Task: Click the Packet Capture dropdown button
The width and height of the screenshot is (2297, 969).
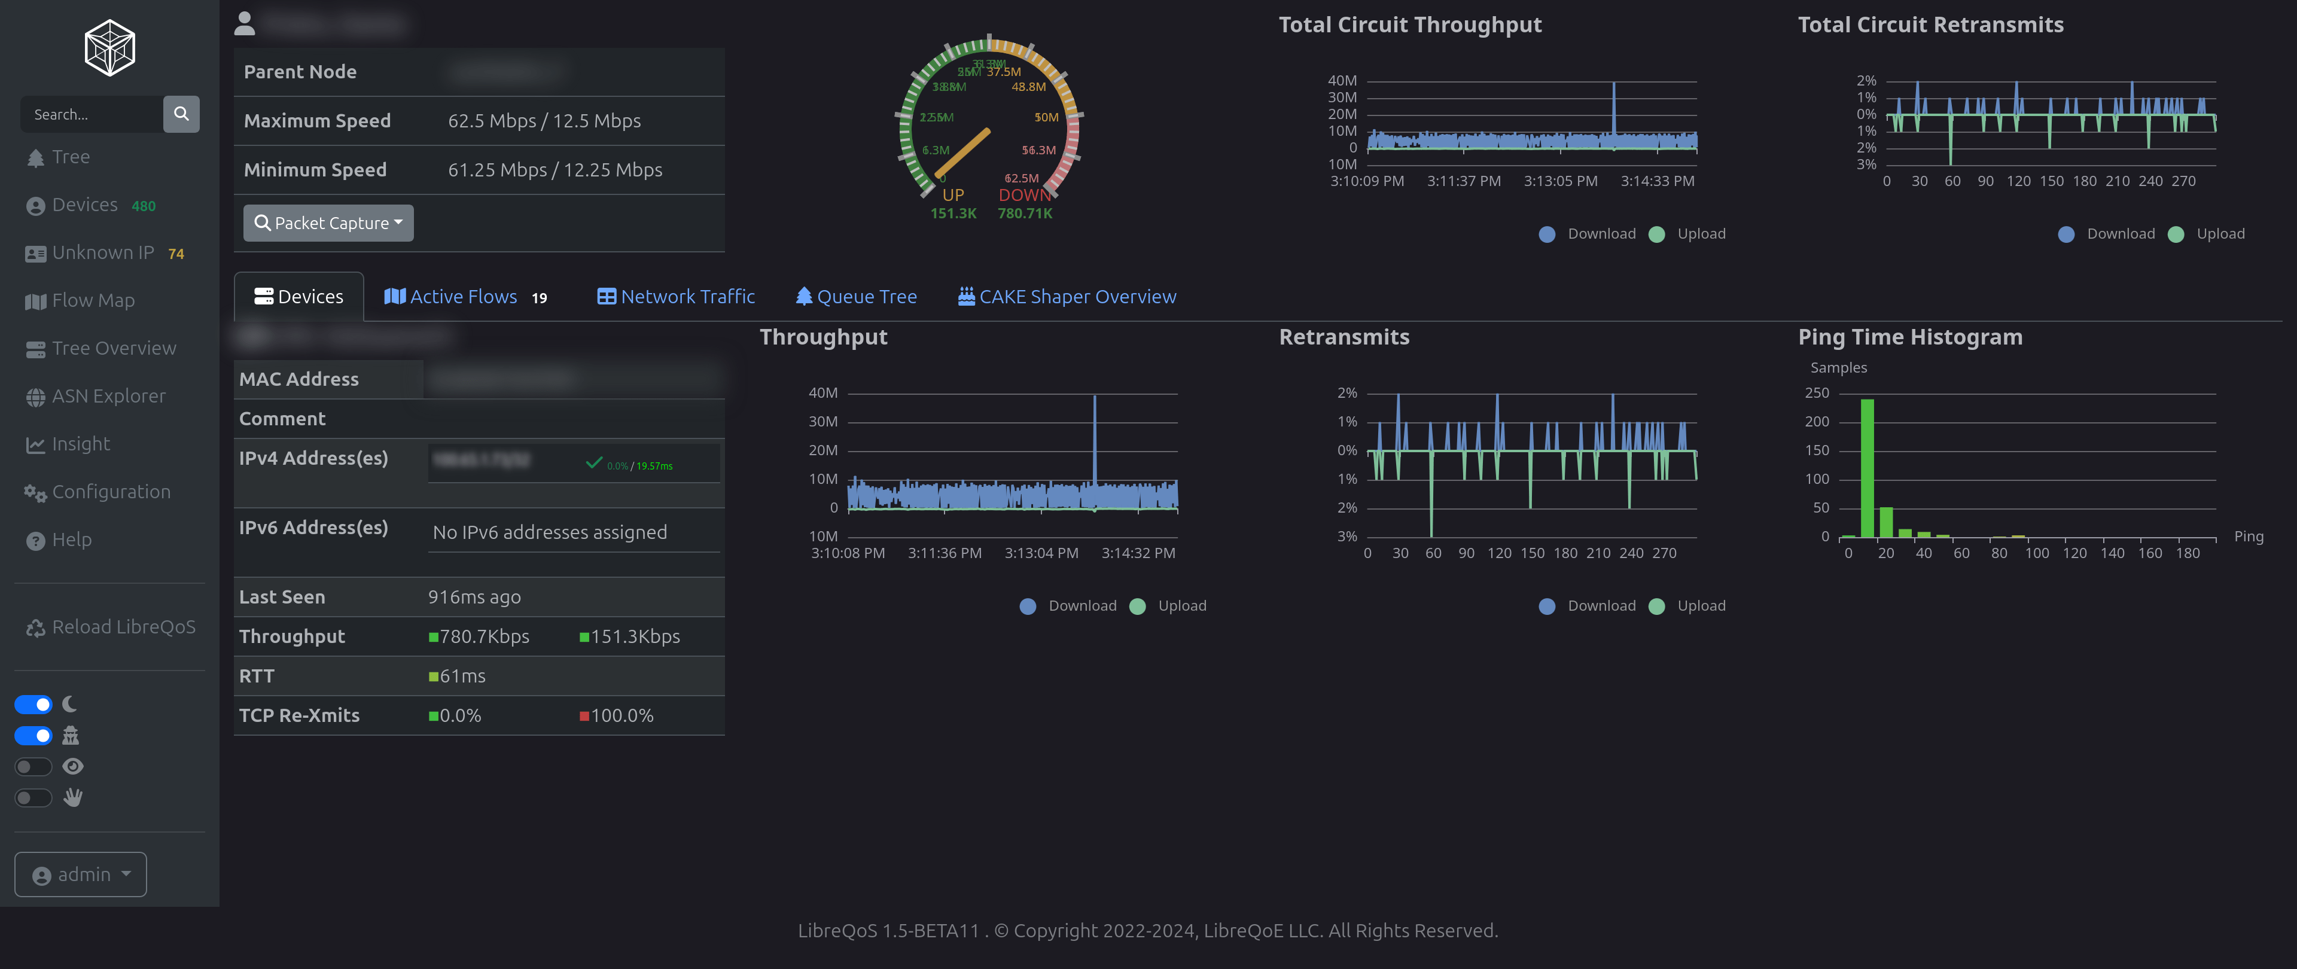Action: coord(328,223)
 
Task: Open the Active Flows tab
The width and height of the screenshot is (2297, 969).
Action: coord(463,297)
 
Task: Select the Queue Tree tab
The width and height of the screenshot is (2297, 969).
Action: coord(855,297)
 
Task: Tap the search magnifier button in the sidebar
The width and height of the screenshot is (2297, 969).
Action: coord(181,114)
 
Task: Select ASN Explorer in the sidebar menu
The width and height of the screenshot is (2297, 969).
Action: coord(108,397)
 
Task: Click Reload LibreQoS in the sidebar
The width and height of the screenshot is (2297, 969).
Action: coord(123,627)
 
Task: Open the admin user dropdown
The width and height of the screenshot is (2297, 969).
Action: coord(80,874)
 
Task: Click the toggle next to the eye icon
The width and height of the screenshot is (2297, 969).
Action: coord(34,767)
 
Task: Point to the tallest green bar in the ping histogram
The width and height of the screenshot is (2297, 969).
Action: coord(1867,468)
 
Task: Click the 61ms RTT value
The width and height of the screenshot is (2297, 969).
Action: coord(462,677)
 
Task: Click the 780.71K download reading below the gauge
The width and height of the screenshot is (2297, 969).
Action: coord(1025,214)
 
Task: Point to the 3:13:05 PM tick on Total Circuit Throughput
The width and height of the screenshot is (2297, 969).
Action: coord(1561,182)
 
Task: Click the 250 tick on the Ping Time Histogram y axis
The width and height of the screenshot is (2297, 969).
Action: coord(1817,393)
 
